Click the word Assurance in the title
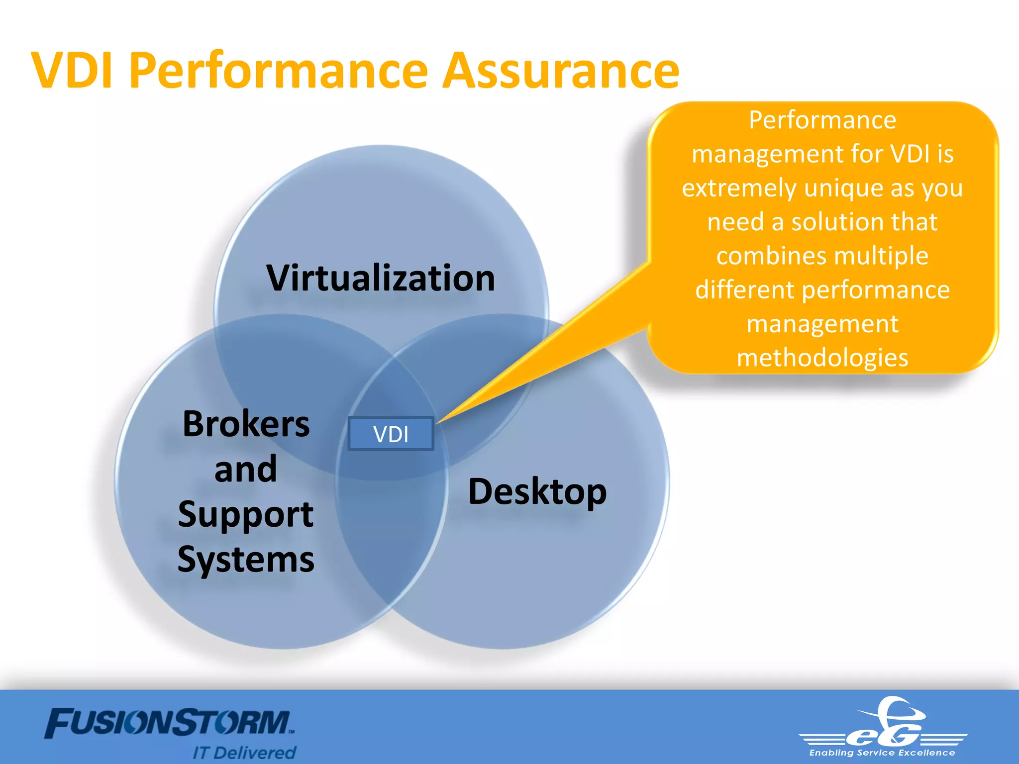[561, 71]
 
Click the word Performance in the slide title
[278, 71]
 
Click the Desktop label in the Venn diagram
[537, 492]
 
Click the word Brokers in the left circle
[246, 424]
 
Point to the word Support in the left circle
[246, 515]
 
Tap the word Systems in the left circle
[246, 560]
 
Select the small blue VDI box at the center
[391, 434]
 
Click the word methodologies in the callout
[822, 358]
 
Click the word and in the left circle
[246, 469]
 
